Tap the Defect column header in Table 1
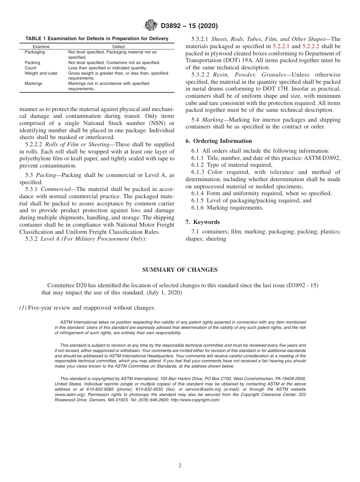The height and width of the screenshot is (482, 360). pyautogui.click(x=119, y=47)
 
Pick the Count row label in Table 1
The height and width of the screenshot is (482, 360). pyautogui.click(x=30, y=68)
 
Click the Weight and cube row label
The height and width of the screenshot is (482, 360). pyautogui.click(x=41, y=73)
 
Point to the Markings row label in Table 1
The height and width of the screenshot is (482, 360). pyautogui.click(x=33, y=83)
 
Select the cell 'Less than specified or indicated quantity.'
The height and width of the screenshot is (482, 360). pyautogui.click(x=107, y=68)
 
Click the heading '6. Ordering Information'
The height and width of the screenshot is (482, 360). pyautogui.click(x=219, y=141)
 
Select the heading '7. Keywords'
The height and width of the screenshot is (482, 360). pyautogui.click(x=202, y=222)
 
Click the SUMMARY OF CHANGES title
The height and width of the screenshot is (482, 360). pyautogui.click(x=180, y=270)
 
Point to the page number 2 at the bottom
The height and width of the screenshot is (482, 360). pyautogui.click(x=180, y=466)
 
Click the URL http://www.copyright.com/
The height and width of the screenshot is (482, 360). pyautogui.click(x=195, y=400)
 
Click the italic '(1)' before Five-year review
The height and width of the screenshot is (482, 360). pyautogui.click(x=23, y=308)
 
